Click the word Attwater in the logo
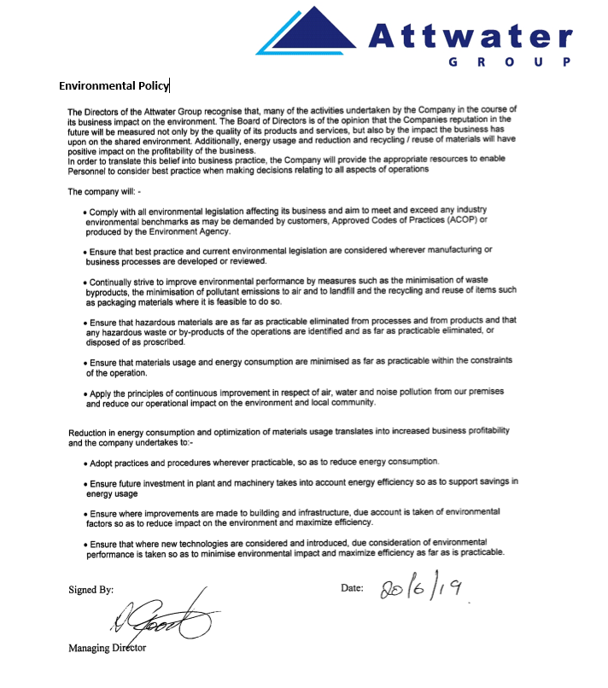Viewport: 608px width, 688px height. pos(471,36)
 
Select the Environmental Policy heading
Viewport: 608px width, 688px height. pos(114,85)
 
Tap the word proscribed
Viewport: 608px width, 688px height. pos(161,341)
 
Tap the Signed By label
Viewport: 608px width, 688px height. pos(91,590)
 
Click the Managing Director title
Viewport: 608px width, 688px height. pos(107,648)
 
